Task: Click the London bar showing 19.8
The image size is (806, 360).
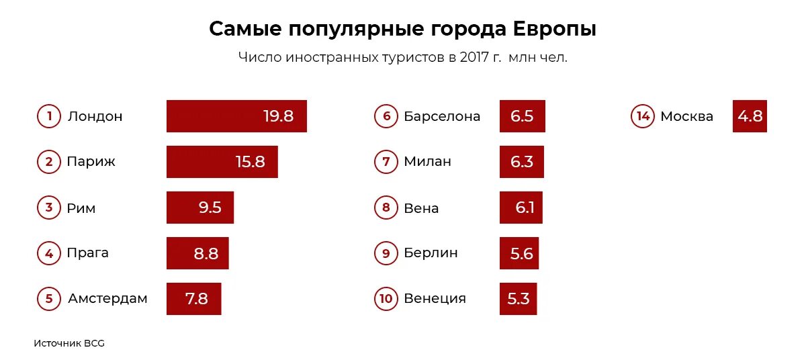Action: (x=236, y=116)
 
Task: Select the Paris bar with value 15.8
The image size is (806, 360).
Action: (x=222, y=162)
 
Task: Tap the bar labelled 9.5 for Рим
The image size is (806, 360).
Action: (x=200, y=208)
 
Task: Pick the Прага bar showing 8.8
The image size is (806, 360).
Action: (x=197, y=253)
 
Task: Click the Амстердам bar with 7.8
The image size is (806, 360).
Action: (x=193, y=299)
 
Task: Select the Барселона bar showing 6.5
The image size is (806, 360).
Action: (x=522, y=116)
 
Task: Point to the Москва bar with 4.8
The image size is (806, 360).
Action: (x=750, y=116)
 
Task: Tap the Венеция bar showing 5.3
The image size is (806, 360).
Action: (x=518, y=299)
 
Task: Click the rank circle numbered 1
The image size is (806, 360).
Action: (x=49, y=116)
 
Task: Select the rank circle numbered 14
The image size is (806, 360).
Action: (x=643, y=116)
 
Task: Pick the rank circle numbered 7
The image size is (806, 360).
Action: (x=386, y=162)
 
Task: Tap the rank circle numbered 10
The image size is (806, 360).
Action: (x=386, y=299)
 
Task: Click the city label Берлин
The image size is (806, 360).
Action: (x=431, y=253)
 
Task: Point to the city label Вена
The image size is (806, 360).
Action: (x=421, y=208)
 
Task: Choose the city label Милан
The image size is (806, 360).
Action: (x=427, y=162)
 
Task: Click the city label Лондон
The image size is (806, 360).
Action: (x=95, y=116)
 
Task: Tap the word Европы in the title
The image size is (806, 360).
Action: (x=554, y=30)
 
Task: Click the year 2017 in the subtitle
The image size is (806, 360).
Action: (x=475, y=57)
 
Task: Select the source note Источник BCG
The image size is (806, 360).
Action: (x=69, y=343)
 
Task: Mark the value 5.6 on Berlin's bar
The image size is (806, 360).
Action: (x=521, y=253)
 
